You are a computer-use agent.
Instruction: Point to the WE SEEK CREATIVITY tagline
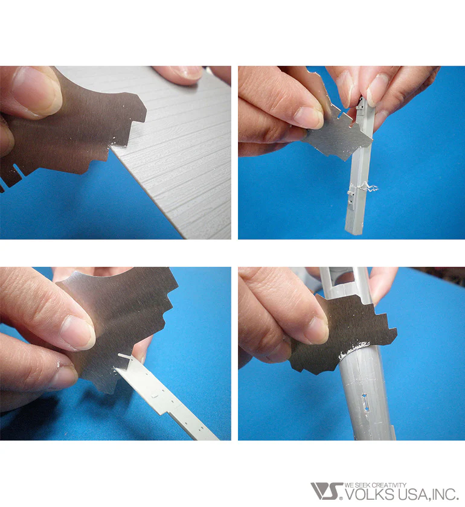point(376,485)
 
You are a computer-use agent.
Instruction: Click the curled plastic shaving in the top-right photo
point(365,187)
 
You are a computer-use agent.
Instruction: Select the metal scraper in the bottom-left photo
point(120,324)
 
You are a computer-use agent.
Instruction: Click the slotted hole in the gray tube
point(365,402)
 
